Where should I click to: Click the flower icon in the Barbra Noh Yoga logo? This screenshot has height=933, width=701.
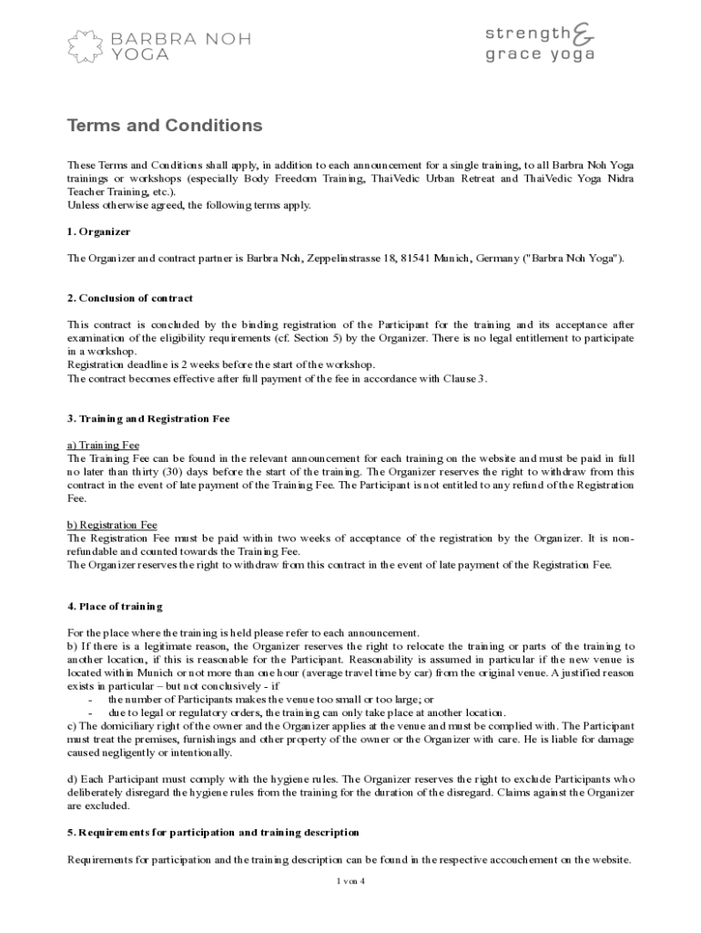click(87, 46)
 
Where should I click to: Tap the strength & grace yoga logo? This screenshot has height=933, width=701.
click(539, 43)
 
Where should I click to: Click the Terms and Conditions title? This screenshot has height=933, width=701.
click(165, 126)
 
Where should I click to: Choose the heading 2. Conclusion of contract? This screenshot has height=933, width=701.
click(130, 298)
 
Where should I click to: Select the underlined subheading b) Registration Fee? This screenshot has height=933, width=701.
click(112, 525)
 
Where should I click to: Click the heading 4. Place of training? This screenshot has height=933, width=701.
click(115, 606)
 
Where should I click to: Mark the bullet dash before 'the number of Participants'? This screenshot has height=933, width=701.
click(90, 699)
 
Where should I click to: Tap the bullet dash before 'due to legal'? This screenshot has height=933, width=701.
click(90, 713)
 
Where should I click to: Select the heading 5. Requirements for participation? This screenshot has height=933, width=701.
click(213, 832)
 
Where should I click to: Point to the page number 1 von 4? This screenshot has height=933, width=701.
click(350, 880)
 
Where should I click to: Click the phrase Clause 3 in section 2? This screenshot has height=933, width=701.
click(465, 378)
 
